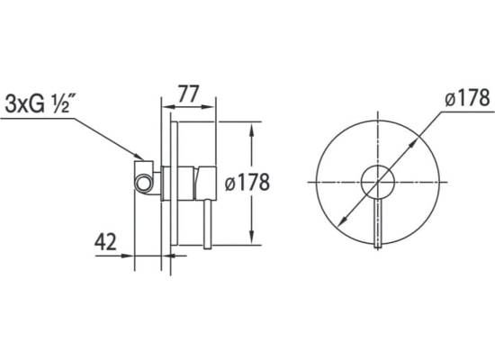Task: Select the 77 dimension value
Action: (188, 94)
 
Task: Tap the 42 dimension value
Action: (105, 242)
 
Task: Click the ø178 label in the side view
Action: (247, 182)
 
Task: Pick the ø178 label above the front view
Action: (467, 97)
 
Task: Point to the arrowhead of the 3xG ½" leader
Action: (139, 157)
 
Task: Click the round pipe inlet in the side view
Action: (143, 184)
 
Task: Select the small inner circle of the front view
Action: (378, 182)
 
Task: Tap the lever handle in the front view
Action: (378, 224)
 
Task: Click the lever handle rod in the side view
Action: (207, 224)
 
